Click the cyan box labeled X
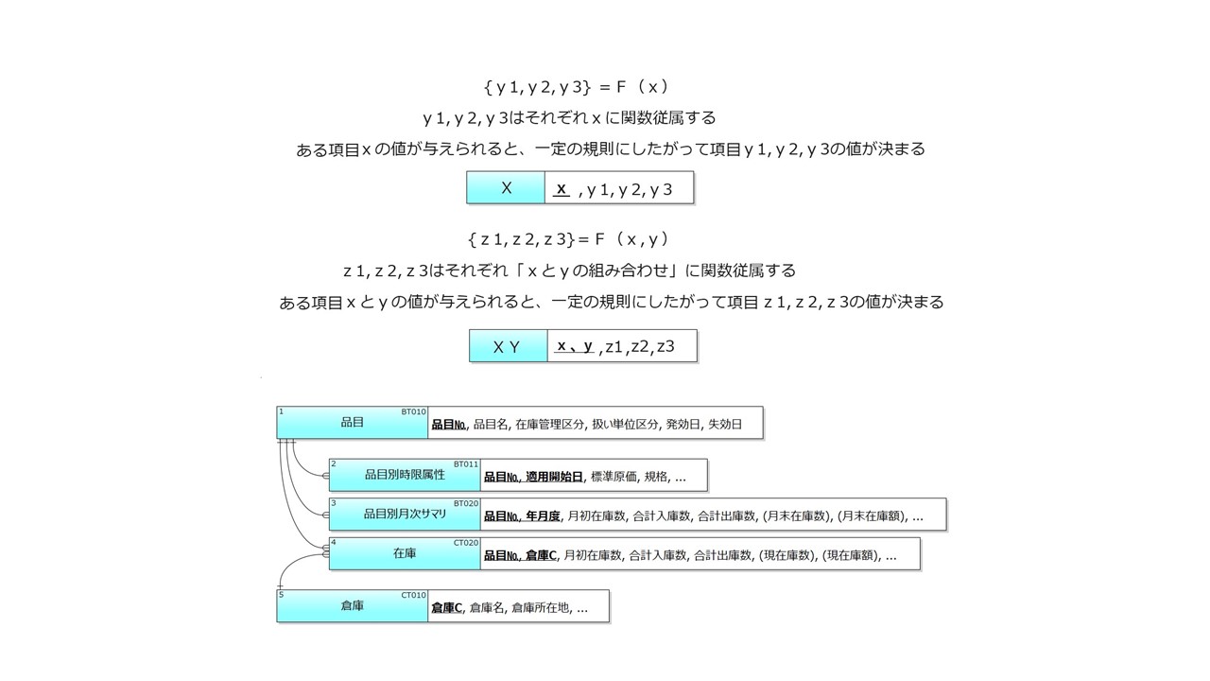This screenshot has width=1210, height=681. coord(506,188)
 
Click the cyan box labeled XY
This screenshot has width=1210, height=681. coord(508,346)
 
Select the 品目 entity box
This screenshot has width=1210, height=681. coord(352,423)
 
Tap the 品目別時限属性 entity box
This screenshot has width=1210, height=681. coord(405,475)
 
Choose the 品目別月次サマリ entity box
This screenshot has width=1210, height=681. coord(405,515)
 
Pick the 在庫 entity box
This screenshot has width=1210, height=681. coord(405,554)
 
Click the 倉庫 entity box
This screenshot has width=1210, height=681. coord(352,606)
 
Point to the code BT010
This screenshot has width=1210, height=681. coord(413,412)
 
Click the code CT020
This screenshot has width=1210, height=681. coord(466,543)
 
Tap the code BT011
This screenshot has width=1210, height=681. coord(466,464)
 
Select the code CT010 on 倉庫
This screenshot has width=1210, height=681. coord(413,595)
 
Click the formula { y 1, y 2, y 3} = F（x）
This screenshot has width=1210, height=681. coord(576,87)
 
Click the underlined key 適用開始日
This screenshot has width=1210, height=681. coord(554,478)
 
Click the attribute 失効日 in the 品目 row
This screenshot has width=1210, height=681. coord(725,425)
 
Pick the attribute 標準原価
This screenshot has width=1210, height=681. coord(614,478)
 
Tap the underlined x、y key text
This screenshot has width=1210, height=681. coord(575,346)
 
